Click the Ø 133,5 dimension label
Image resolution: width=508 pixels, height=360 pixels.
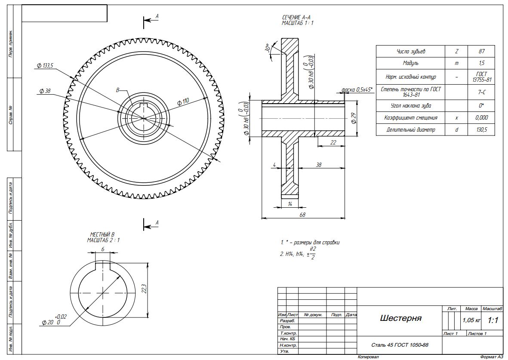pos(45,66)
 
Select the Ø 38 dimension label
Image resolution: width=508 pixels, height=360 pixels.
pos(45,91)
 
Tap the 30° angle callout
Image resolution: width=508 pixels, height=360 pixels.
pos(268,48)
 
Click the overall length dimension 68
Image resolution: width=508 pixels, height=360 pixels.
pos(302,215)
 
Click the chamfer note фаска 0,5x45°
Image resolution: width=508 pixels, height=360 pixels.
pos(357,89)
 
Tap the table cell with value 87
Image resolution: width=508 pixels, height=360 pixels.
pos(481,52)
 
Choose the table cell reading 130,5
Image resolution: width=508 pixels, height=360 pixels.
pos(481,129)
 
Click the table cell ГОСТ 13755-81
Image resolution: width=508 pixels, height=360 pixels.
pos(481,77)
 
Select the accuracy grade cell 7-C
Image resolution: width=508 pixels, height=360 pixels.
pos(481,92)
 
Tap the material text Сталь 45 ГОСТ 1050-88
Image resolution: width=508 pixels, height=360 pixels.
pos(400,345)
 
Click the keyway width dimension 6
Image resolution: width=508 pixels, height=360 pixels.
pos(103,249)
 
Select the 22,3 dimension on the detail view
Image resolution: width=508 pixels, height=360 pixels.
pos(144,289)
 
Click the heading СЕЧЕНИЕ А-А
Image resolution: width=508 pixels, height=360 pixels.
pos(297,17)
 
